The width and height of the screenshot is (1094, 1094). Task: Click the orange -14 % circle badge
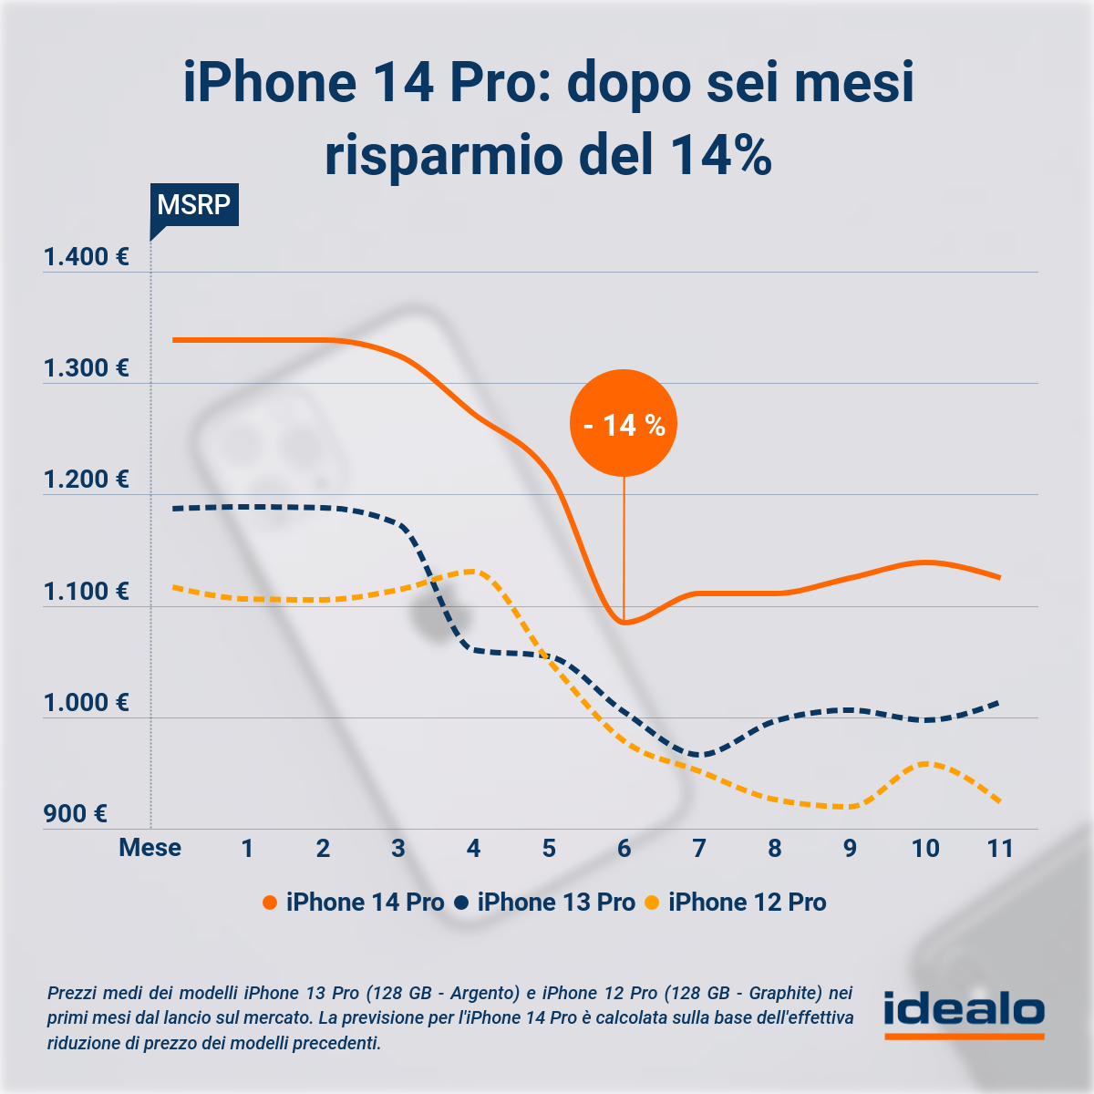(624, 423)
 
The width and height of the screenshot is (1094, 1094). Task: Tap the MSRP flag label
(193, 204)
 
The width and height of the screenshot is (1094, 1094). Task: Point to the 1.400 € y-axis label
(87, 257)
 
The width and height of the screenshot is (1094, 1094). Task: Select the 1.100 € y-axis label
(87, 592)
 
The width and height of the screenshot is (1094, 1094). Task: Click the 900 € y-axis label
(76, 814)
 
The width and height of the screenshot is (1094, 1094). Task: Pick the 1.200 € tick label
(87, 480)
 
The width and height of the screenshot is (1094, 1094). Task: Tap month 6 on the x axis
(624, 849)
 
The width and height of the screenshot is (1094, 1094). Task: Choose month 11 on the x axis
(1000, 849)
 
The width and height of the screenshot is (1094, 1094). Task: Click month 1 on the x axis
(247, 849)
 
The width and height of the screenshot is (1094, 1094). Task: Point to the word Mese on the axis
(150, 849)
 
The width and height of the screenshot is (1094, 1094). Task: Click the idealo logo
(964, 1014)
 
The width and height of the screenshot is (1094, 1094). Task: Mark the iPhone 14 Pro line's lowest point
(624, 623)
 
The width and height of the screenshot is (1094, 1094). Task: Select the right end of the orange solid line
(999, 577)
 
